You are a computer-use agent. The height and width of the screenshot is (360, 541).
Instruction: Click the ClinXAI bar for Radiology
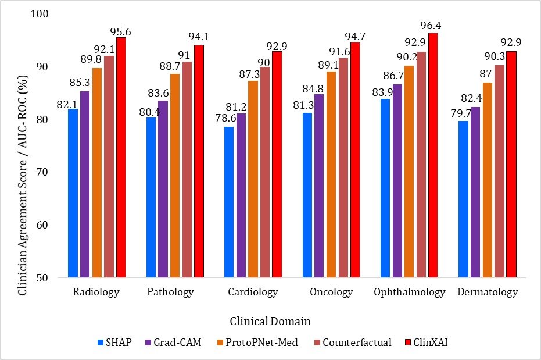coord(121,158)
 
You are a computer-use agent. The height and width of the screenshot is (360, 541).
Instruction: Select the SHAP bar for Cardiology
coord(229,202)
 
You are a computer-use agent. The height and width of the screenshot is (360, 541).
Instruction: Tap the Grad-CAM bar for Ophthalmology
coord(397,181)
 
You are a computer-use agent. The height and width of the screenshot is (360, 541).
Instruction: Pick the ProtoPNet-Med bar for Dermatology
coord(488,180)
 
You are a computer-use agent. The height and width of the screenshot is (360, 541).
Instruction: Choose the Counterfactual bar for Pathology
coord(187,169)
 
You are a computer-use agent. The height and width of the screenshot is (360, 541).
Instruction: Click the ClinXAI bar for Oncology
coord(356,160)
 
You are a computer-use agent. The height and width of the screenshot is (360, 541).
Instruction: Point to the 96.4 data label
coord(431,26)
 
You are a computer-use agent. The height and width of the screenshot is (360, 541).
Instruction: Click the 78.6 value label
coord(225,118)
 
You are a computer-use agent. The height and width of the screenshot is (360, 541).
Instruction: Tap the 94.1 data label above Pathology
coord(199,37)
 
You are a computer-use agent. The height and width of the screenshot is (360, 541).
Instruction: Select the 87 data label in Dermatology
coord(486,73)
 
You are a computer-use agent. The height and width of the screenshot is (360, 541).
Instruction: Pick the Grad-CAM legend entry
coord(174,343)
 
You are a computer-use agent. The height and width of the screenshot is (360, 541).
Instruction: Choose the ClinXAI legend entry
coord(427,343)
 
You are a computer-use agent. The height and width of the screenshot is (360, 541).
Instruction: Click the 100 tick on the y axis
coord(40,14)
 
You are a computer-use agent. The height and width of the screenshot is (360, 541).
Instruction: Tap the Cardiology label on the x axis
coord(253,292)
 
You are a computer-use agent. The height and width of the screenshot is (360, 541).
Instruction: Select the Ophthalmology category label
coord(410,292)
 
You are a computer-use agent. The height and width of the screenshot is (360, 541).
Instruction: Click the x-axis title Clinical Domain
coord(270,322)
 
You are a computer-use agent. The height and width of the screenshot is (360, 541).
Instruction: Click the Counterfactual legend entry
coord(353,343)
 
